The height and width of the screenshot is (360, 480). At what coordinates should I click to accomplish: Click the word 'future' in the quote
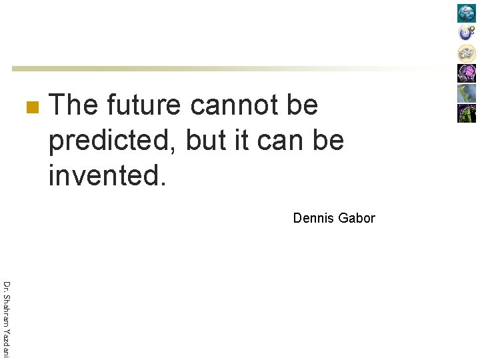point(143,105)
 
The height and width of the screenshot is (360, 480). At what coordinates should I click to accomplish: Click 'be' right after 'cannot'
point(301,105)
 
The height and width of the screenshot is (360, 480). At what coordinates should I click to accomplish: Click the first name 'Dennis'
point(313,218)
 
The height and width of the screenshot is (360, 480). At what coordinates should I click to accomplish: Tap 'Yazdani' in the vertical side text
point(6,346)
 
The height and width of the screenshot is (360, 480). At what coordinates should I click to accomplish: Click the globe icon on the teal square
point(467,13)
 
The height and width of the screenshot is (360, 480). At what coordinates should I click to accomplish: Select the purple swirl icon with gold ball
point(467,33)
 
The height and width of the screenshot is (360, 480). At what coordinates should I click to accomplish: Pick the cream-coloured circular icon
point(467,53)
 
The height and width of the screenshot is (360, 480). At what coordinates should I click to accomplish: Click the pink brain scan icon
point(467,73)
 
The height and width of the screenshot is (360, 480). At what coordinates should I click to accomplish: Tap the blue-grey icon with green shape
point(467,93)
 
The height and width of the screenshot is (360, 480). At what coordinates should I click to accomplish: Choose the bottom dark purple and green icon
point(467,113)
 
